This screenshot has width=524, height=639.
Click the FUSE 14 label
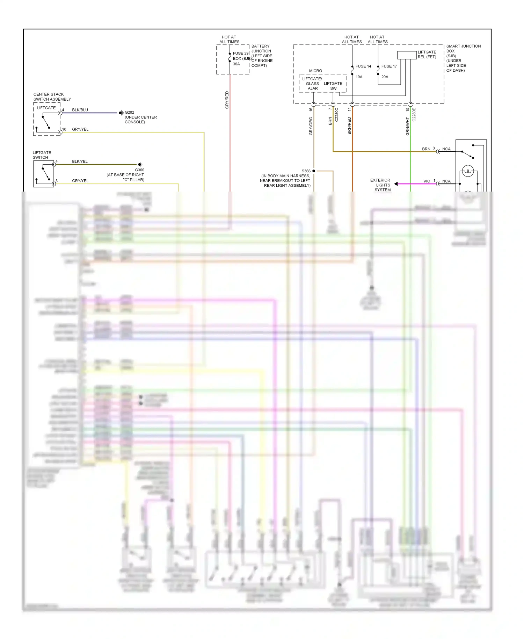[x=363, y=66]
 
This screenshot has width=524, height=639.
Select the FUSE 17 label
[x=389, y=66]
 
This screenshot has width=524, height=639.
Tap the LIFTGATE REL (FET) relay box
[x=407, y=55]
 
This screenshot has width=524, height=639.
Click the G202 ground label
[x=129, y=113]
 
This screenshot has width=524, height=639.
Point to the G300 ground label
[x=139, y=170]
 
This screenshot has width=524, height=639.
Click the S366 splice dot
[x=314, y=171]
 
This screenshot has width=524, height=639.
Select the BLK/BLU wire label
[x=80, y=110]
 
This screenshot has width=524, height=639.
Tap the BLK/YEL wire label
[x=80, y=161]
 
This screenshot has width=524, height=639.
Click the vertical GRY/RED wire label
[x=227, y=100]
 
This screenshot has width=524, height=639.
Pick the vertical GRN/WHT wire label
[x=407, y=126]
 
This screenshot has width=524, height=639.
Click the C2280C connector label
[x=337, y=115]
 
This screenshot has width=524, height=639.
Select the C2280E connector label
[x=414, y=115]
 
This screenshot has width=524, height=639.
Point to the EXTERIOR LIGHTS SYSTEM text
[x=381, y=185]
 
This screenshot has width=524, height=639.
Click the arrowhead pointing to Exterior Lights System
[x=396, y=184]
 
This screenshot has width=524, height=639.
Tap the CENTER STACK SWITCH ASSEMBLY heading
[x=52, y=97]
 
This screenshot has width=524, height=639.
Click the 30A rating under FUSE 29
[x=236, y=64]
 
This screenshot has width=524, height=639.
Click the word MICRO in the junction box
[x=315, y=71]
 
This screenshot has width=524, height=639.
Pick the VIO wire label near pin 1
[x=427, y=181]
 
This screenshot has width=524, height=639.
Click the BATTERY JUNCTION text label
[x=261, y=49]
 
